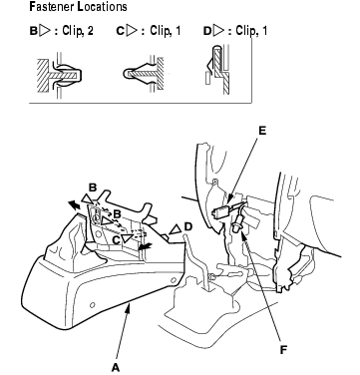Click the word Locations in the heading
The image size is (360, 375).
coord(102,7)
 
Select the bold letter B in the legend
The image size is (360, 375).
coord(34,31)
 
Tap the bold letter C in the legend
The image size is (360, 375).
coord(120,31)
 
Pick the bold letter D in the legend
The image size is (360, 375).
coord(207,31)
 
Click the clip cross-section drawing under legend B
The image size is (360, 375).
coord(59,76)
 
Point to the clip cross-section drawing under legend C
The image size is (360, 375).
coord(144,73)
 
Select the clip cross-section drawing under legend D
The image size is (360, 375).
coord(217,69)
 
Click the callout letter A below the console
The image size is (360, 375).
coord(116,367)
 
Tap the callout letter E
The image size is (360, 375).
coord(262,131)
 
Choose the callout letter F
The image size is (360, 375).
coord(283,350)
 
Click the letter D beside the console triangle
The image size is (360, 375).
coord(187,226)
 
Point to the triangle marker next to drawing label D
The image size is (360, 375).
coord(176,229)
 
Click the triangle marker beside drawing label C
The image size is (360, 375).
coord(127,238)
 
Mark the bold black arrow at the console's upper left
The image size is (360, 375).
coord(75,205)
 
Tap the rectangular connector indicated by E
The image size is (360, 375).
coord(219,210)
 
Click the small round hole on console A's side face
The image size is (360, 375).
coord(93,305)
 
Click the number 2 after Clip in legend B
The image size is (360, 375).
coord(90,31)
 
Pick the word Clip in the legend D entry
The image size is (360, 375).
coord(245,31)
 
